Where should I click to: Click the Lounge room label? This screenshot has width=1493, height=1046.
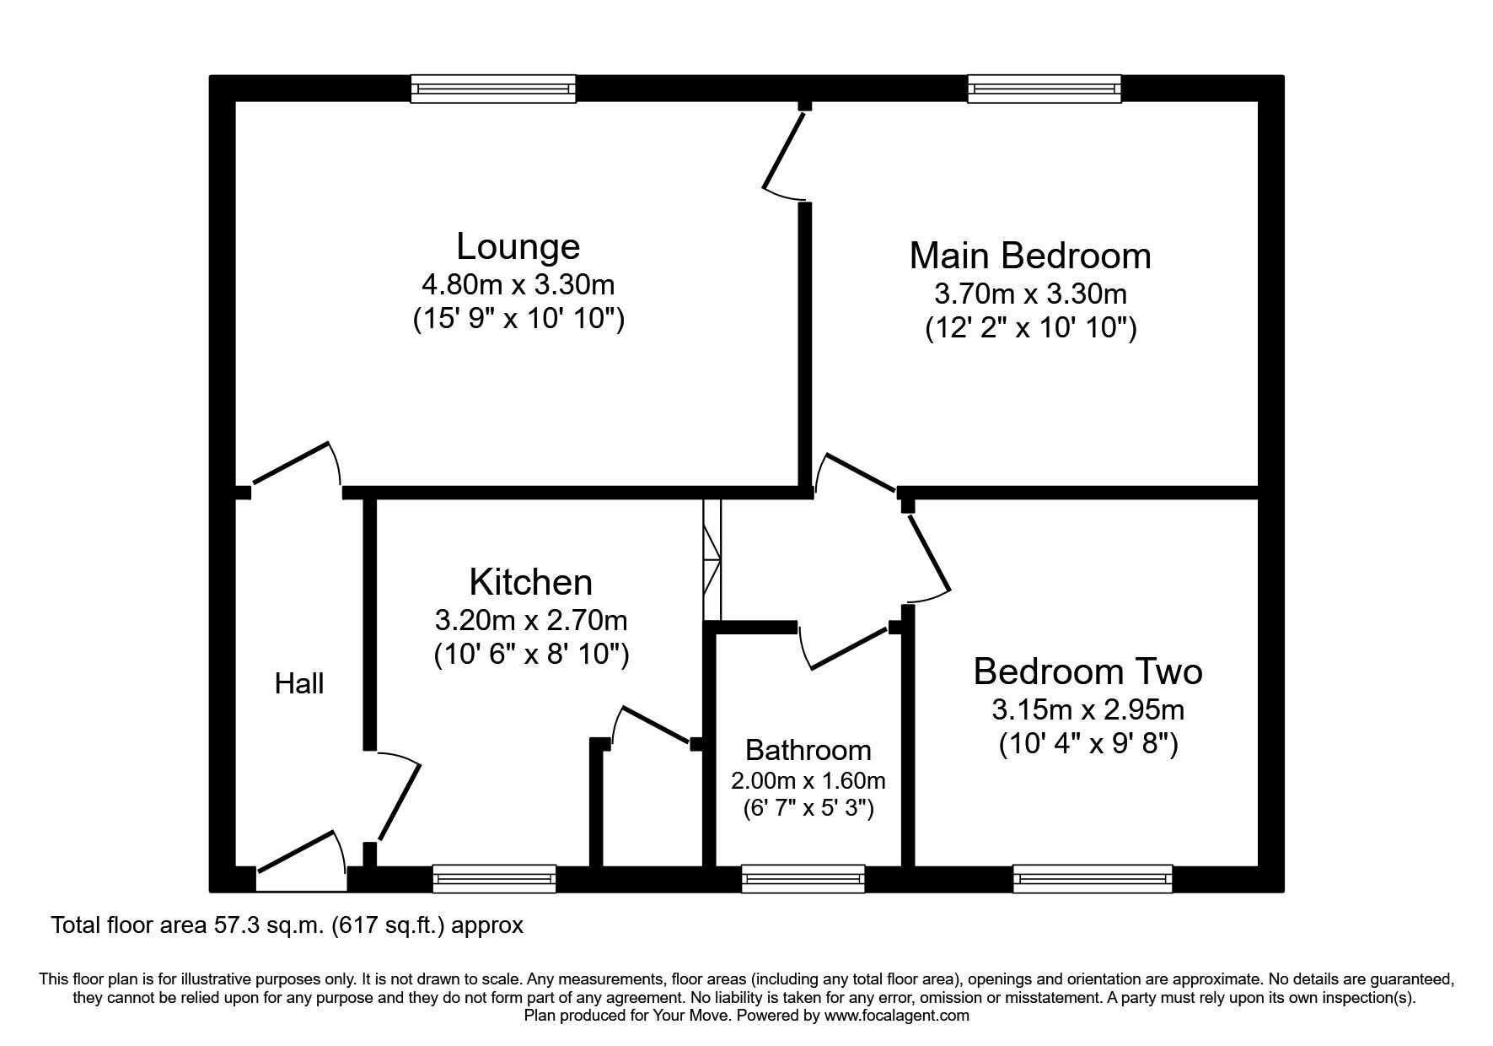tap(518, 246)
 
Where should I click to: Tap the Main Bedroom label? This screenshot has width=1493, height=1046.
tap(1030, 256)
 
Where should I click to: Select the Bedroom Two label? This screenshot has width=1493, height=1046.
tap(1088, 671)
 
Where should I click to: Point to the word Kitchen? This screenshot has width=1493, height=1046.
tap(530, 582)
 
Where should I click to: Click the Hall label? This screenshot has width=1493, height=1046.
tap(299, 683)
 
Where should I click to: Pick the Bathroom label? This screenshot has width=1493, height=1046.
tap(808, 750)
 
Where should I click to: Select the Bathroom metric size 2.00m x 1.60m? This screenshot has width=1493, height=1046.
tap(808, 780)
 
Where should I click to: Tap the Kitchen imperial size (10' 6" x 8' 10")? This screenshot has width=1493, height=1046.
tap(531, 655)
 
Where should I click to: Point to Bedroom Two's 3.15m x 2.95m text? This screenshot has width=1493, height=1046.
tap(1088, 710)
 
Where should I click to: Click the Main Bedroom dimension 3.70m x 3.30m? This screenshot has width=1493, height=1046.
tap(1030, 294)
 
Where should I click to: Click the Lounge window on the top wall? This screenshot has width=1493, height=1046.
tap(493, 89)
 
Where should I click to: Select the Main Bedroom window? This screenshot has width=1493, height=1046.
tap(1045, 89)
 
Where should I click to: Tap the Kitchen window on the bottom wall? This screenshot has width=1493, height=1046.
tap(494, 878)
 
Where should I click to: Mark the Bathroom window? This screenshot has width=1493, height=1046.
tap(803, 878)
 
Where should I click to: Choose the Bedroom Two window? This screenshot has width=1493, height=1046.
tap(1093, 878)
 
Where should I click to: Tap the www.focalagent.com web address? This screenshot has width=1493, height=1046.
tap(897, 1016)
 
